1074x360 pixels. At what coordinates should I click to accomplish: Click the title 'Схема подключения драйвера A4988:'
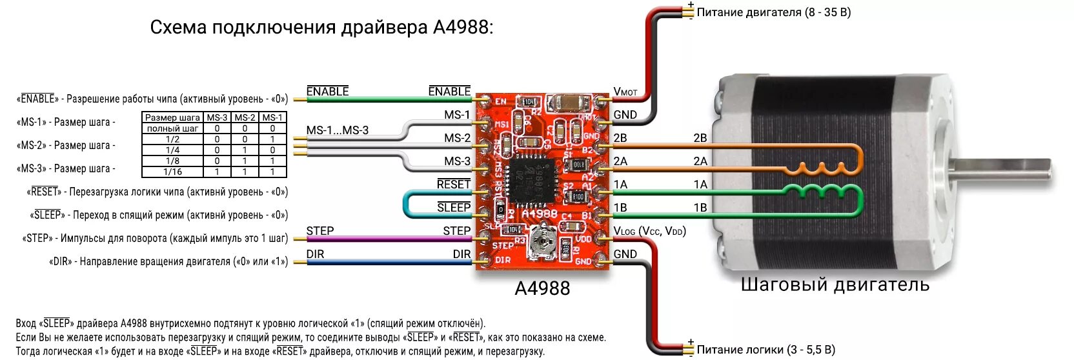coord(321,27)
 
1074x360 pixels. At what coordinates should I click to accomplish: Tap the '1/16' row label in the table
coord(172,172)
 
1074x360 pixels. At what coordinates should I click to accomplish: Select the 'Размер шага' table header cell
coord(172,117)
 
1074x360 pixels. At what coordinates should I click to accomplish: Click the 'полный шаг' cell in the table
coord(172,128)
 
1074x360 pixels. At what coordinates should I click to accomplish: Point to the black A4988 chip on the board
coord(532,179)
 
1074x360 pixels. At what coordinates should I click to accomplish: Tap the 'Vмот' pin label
coord(625,92)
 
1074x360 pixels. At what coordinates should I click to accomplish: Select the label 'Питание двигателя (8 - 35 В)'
coord(773,12)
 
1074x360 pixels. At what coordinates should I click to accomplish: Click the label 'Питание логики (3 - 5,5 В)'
coord(765,350)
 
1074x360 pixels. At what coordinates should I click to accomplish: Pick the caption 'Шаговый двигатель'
coord(835,285)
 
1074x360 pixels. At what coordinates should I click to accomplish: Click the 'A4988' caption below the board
coord(542,288)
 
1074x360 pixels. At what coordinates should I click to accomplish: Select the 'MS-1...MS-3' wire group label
coord(337,130)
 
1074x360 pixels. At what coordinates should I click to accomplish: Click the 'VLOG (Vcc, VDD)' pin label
coord(649,231)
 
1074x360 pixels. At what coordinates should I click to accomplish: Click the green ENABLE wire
coord(387,99)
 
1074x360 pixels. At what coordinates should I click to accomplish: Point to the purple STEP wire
coord(387,239)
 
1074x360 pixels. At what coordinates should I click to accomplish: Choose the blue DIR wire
coord(387,262)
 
